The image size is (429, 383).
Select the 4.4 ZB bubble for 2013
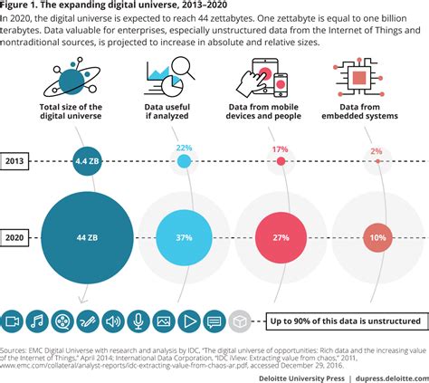88,162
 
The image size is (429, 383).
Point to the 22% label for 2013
185,148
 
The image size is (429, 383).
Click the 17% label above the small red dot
281,148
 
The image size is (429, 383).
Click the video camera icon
13,321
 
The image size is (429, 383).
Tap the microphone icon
138,321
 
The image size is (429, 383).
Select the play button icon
189,321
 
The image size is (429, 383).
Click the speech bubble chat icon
214,321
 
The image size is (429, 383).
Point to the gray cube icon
239,321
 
